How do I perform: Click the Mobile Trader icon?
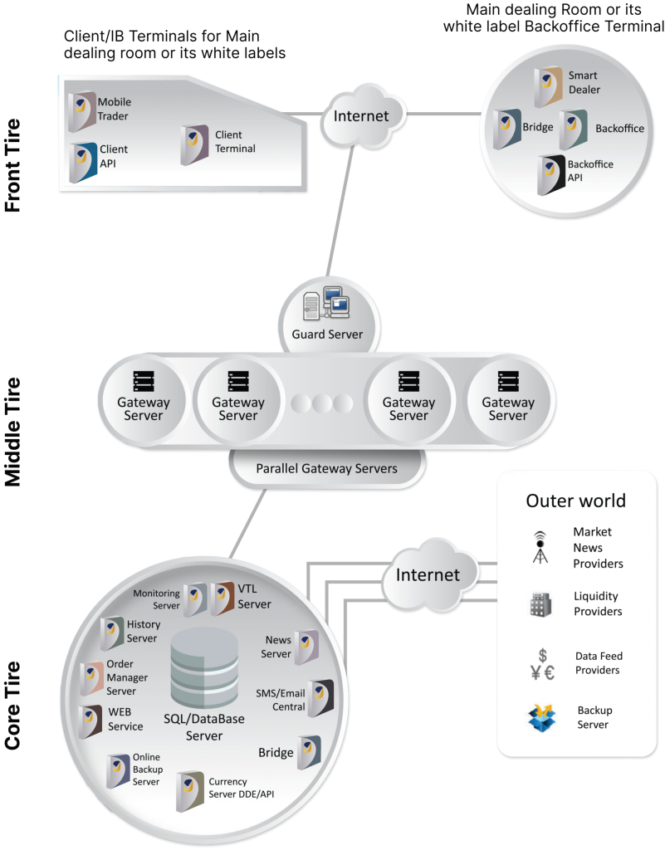click(82, 112)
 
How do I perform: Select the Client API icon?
click(83, 163)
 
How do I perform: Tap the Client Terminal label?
click(235, 141)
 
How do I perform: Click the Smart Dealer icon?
click(548, 86)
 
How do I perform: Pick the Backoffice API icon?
click(551, 175)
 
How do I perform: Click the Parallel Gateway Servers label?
click(326, 468)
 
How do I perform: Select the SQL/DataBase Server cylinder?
click(204, 667)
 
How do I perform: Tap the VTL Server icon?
click(222, 598)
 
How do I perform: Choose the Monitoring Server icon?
click(195, 599)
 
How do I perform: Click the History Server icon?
click(112, 633)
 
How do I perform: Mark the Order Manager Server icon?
click(91, 679)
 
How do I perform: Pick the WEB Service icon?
click(90, 722)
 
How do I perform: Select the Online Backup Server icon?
click(118, 771)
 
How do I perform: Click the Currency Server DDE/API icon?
click(189, 791)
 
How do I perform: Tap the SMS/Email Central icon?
click(320, 698)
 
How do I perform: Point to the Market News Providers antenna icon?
click(540, 548)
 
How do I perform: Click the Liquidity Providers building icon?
click(540, 604)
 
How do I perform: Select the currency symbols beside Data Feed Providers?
click(542, 665)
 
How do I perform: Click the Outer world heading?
click(575, 501)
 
